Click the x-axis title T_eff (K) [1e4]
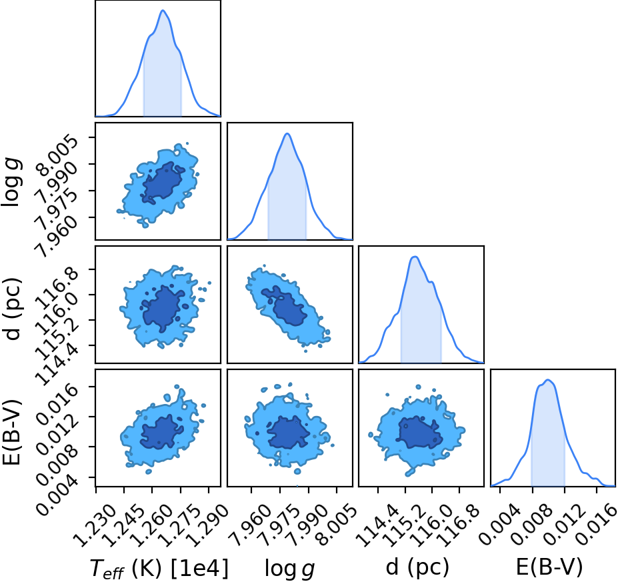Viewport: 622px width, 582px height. [159, 568]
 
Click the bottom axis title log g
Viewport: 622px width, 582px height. [289, 569]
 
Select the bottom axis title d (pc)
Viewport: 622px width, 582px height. [417, 567]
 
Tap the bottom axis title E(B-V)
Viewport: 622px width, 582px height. [549, 567]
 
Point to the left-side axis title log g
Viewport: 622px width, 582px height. [11, 182]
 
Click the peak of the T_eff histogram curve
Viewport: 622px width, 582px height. [163, 10]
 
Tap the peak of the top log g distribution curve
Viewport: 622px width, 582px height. [287, 134]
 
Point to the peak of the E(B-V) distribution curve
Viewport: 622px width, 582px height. [548, 380]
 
